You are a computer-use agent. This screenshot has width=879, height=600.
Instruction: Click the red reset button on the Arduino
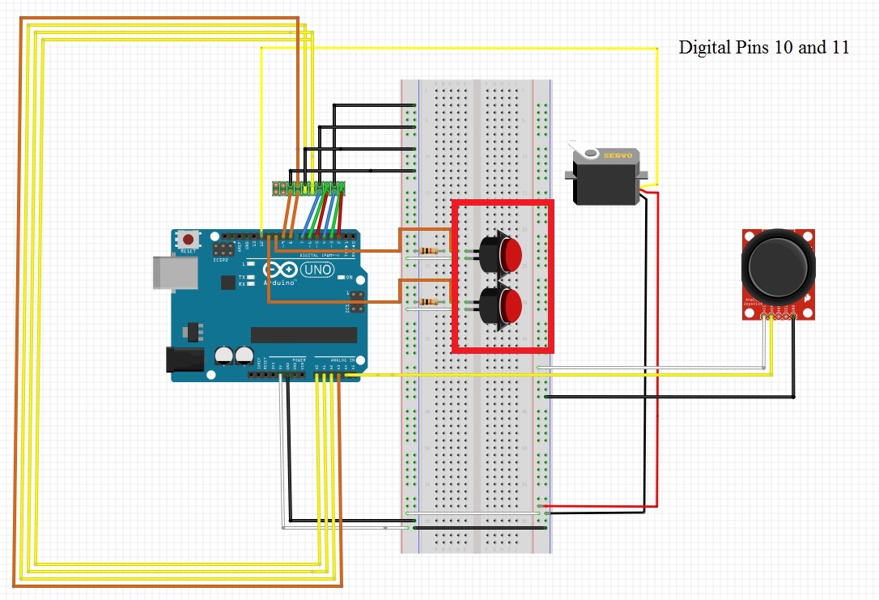(189, 240)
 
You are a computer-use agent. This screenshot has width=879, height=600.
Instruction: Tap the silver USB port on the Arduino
(173, 273)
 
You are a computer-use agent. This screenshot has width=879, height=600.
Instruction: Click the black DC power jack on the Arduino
(180, 360)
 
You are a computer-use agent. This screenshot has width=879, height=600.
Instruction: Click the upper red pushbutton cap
(509, 253)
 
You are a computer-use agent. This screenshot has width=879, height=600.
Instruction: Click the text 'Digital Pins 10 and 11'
(763, 48)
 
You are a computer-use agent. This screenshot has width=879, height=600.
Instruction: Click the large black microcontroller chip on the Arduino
(304, 334)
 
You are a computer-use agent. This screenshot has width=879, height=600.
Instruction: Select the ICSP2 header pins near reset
(223, 246)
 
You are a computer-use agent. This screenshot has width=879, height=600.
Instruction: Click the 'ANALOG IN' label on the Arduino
(339, 359)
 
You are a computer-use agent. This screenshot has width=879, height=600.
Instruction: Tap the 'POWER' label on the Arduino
(299, 359)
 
